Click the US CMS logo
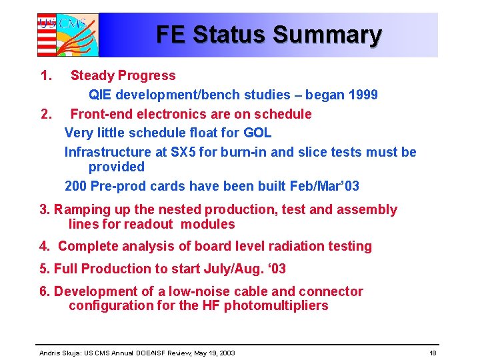tap(67, 35)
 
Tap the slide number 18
tap(433, 352)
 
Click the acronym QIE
tap(101, 95)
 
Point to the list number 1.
tap(45, 76)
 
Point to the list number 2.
tap(45, 114)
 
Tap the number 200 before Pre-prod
tap(76, 186)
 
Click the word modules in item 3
tap(208, 225)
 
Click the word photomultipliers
tap(276, 306)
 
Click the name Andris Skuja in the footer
tap(59, 352)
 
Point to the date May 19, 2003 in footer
tap(213, 352)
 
